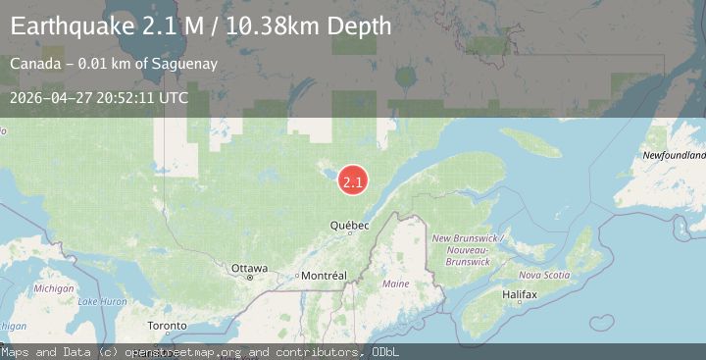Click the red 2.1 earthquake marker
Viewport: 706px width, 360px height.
pos(353,180)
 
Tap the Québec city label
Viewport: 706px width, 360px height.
pos(349,226)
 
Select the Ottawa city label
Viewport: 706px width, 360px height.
pos(249,268)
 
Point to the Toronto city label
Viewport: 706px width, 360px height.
pos(167,325)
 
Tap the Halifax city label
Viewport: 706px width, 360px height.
pos(518,294)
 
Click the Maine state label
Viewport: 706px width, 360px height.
pos(396,283)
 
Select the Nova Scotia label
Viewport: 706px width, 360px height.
pos(543,275)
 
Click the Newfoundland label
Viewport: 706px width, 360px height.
pos(675,155)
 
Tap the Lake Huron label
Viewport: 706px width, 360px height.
pos(102,301)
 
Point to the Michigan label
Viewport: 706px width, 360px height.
pos(54,288)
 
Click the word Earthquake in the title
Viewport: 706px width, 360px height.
pos(68,26)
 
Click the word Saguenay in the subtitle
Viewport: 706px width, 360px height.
pos(182,65)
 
